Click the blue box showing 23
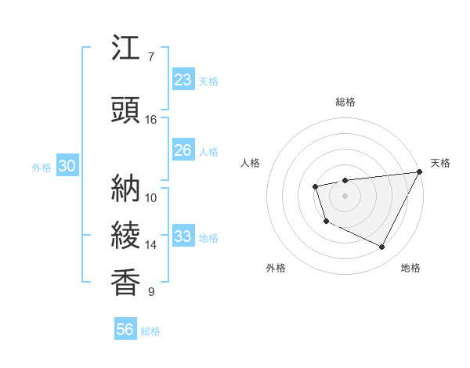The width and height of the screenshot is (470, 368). [x=183, y=79]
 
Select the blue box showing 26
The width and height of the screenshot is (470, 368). [x=183, y=150]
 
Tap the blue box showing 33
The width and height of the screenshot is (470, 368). [x=183, y=236]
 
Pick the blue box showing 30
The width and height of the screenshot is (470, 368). [x=67, y=166]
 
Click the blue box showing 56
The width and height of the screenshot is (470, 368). [x=125, y=330]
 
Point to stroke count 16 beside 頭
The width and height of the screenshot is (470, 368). [x=151, y=120]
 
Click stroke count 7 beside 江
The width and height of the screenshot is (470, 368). [x=151, y=57]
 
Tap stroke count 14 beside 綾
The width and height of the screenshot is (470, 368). [x=151, y=245]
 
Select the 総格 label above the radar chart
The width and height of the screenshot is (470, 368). [x=345, y=102]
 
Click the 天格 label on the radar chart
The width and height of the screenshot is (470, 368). [x=440, y=163]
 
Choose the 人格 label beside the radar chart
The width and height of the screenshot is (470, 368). [x=250, y=163]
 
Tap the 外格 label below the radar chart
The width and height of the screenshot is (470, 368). [x=276, y=269]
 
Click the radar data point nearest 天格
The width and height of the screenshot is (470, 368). [x=420, y=171]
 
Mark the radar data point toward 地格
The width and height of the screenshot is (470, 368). [x=382, y=247]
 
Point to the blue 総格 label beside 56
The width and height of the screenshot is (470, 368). [x=150, y=331]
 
